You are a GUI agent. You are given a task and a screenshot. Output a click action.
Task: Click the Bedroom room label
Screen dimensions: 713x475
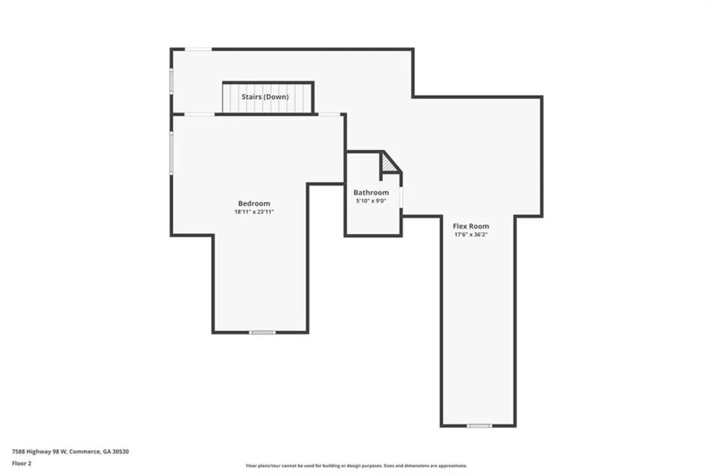click(255, 203)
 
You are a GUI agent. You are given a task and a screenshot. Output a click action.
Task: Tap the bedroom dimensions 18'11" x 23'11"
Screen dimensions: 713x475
click(255, 212)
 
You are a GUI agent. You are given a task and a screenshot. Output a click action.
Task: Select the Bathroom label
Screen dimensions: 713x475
click(371, 193)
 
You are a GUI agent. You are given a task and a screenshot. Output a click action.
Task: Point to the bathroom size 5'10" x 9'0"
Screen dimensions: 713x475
click(371, 200)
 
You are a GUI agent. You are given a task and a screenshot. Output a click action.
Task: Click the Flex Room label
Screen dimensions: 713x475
click(471, 226)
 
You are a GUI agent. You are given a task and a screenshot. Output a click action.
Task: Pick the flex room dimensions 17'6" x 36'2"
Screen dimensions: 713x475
click(471, 235)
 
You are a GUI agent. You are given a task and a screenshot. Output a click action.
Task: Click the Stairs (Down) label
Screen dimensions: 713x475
click(265, 97)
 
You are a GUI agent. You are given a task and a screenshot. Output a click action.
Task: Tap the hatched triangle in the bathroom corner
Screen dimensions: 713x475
click(389, 163)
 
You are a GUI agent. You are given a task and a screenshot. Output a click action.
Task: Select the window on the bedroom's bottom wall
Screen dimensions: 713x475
click(262, 332)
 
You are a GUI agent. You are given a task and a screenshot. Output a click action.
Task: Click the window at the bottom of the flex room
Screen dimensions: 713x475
click(479, 426)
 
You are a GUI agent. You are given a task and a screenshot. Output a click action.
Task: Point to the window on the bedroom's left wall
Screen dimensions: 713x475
click(172, 153)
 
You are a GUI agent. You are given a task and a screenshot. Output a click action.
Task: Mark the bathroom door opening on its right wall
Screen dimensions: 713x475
click(401, 197)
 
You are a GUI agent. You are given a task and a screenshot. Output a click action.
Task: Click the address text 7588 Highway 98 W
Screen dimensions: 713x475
click(39, 451)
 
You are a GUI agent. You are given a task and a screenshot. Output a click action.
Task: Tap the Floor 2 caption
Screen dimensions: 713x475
click(21, 464)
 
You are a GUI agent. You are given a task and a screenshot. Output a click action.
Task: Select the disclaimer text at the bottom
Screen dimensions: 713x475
click(356, 466)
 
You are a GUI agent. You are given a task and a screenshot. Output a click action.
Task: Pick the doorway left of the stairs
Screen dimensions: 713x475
click(200, 114)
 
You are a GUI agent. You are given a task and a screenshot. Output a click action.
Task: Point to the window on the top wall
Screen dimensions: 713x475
click(198, 49)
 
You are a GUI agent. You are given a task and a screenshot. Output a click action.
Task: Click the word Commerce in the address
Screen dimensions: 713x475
click(85, 451)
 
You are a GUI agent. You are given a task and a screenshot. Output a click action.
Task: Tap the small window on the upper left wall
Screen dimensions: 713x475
click(172, 81)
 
